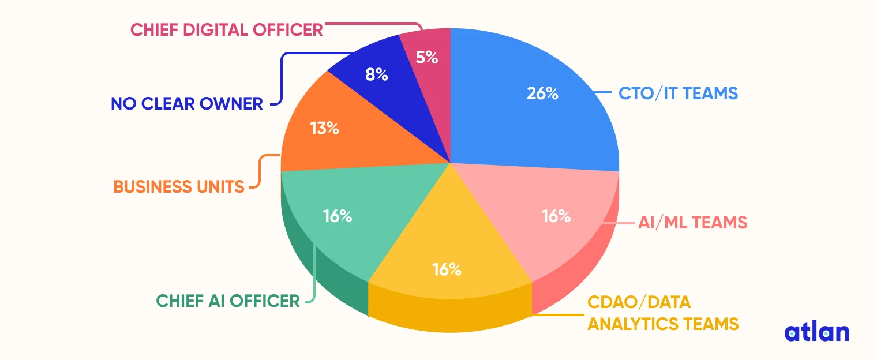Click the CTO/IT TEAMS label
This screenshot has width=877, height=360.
pyautogui.click(x=678, y=93)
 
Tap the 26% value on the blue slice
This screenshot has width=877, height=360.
pyautogui.click(x=542, y=93)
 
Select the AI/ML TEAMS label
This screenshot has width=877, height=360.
pyautogui.click(x=692, y=222)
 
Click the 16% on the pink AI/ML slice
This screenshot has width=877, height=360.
pyautogui.click(x=556, y=216)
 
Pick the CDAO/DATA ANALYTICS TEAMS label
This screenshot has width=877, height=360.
pyautogui.click(x=662, y=313)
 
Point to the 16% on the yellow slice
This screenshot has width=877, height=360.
pyautogui.click(x=447, y=269)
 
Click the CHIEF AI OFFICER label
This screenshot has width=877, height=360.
pyautogui.click(x=228, y=301)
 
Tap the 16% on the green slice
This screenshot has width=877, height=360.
pyautogui.click(x=338, y=216)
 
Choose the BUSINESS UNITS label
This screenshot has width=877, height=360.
pyautogui.click(x=179, y=186)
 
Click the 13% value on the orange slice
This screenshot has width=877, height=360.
pyautogui.click(x=324, y=127)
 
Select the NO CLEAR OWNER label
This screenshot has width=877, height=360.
pyautogui.click(x=187, y=104)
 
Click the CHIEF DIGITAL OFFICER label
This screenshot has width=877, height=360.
pyautogui.click(x=227, y=29)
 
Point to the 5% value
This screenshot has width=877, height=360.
pyautogui.click(x=426, y=57)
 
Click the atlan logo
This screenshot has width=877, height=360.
pyautogui.click(x=816, y=332)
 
